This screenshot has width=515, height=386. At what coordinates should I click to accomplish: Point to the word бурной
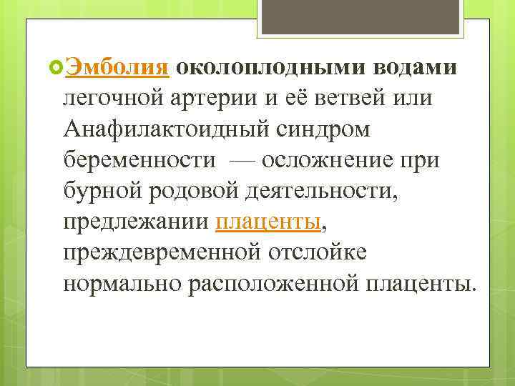pos(99,191)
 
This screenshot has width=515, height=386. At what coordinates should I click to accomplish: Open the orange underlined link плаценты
pos(268,222)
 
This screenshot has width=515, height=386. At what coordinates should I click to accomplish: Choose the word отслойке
pos(326,253)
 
